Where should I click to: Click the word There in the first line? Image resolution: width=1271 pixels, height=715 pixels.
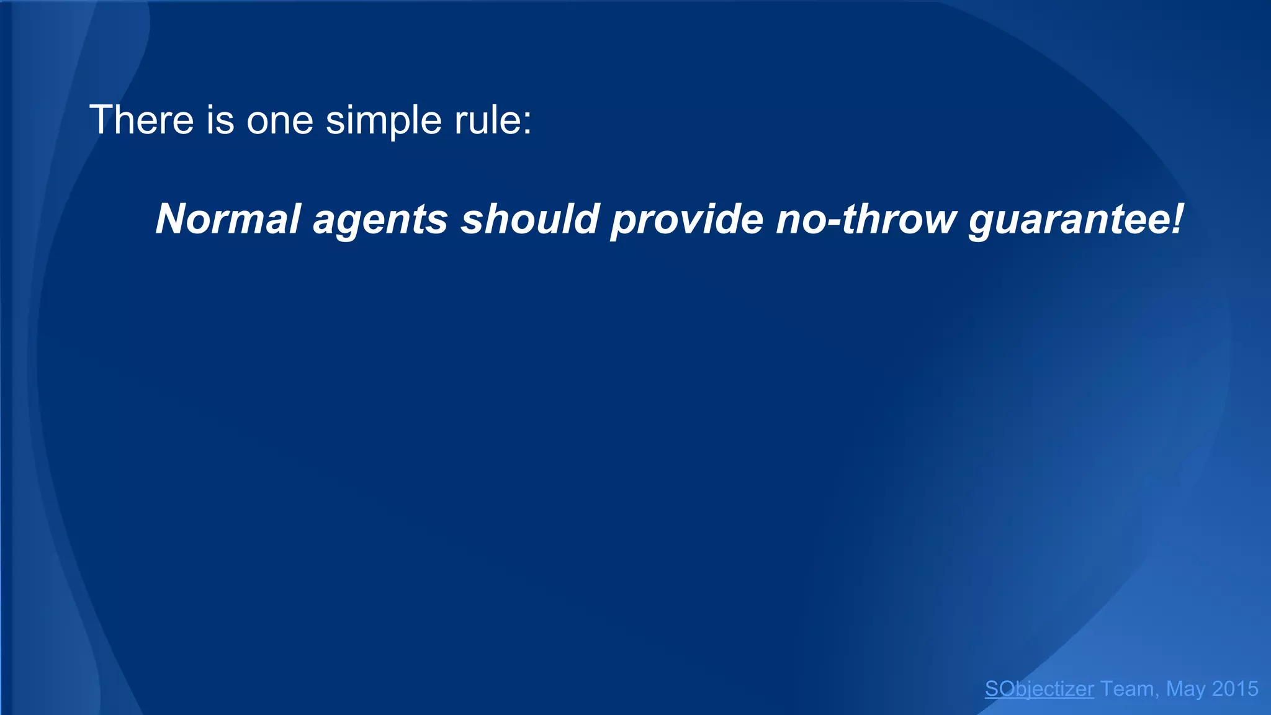(142, 120)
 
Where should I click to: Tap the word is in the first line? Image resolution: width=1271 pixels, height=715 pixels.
(220, 120)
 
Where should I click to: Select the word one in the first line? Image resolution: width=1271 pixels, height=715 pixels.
(280, 121)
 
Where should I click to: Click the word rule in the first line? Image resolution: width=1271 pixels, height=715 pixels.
(487, 120)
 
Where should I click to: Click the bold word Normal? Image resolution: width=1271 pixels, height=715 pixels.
(228, 219)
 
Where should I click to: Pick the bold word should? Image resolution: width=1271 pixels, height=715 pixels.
(529, 219)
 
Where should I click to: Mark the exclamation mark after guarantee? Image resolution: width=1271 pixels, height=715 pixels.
(1177, 219)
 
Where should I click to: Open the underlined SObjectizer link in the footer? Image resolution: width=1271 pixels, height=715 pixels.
(1039, 689)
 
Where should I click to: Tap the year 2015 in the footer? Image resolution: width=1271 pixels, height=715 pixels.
(1235, 689)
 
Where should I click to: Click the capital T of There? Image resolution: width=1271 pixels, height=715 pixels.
(101, 120)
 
